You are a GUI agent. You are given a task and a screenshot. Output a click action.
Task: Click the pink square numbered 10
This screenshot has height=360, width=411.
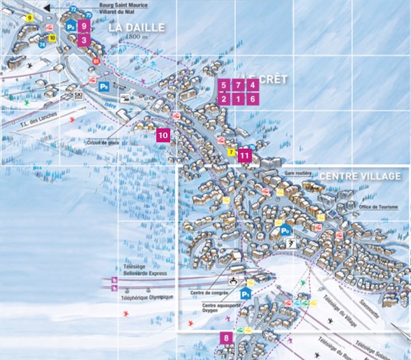pyautogui.click(x=163, y=136)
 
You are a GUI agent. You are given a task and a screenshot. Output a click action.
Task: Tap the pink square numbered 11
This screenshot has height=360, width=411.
pyautogui.click(x=244, y=156)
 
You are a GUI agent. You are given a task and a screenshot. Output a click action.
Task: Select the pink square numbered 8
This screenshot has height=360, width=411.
pyautogui.click(x=225, y=339)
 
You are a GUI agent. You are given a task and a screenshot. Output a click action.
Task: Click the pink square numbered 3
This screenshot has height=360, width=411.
pyautogui.click(x=84, y=40)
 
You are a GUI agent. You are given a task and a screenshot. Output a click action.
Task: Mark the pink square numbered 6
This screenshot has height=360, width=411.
pyautogui.click(x=253, y=99)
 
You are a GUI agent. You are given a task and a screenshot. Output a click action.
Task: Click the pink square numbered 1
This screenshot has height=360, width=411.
pyautogui.click(x=238, y=99)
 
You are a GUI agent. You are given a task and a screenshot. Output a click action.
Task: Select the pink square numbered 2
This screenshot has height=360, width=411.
pyautogui.click(x=223, y=99)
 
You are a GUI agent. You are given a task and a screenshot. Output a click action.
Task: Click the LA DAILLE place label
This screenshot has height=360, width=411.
pyautogui.click(x=137, y=28)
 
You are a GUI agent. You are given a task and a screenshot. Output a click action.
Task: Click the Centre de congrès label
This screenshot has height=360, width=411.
pyautogui.click(x=209, y=293)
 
